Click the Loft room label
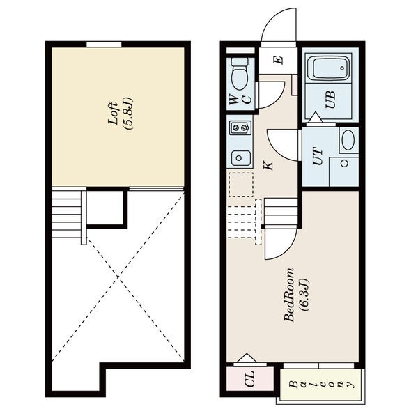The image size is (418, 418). [113, 114]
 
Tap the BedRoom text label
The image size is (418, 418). [289, 295]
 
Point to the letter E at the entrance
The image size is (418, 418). [279, 60]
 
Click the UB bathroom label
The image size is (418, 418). [330, 100]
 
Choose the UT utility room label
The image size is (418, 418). [318, 156]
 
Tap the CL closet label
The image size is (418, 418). [250, 378]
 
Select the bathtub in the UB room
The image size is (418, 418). [330, 68]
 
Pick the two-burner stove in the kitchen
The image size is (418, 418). [240, 128]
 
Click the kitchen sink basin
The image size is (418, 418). [240, 158]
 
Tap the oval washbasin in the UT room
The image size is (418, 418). [348, 140]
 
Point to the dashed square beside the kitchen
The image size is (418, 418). [241, 185]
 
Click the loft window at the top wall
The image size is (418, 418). [104, 45]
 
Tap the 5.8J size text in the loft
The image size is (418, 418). [128, 114]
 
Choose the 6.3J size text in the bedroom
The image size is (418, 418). [304, 295]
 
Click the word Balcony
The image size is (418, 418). [323, 385]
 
